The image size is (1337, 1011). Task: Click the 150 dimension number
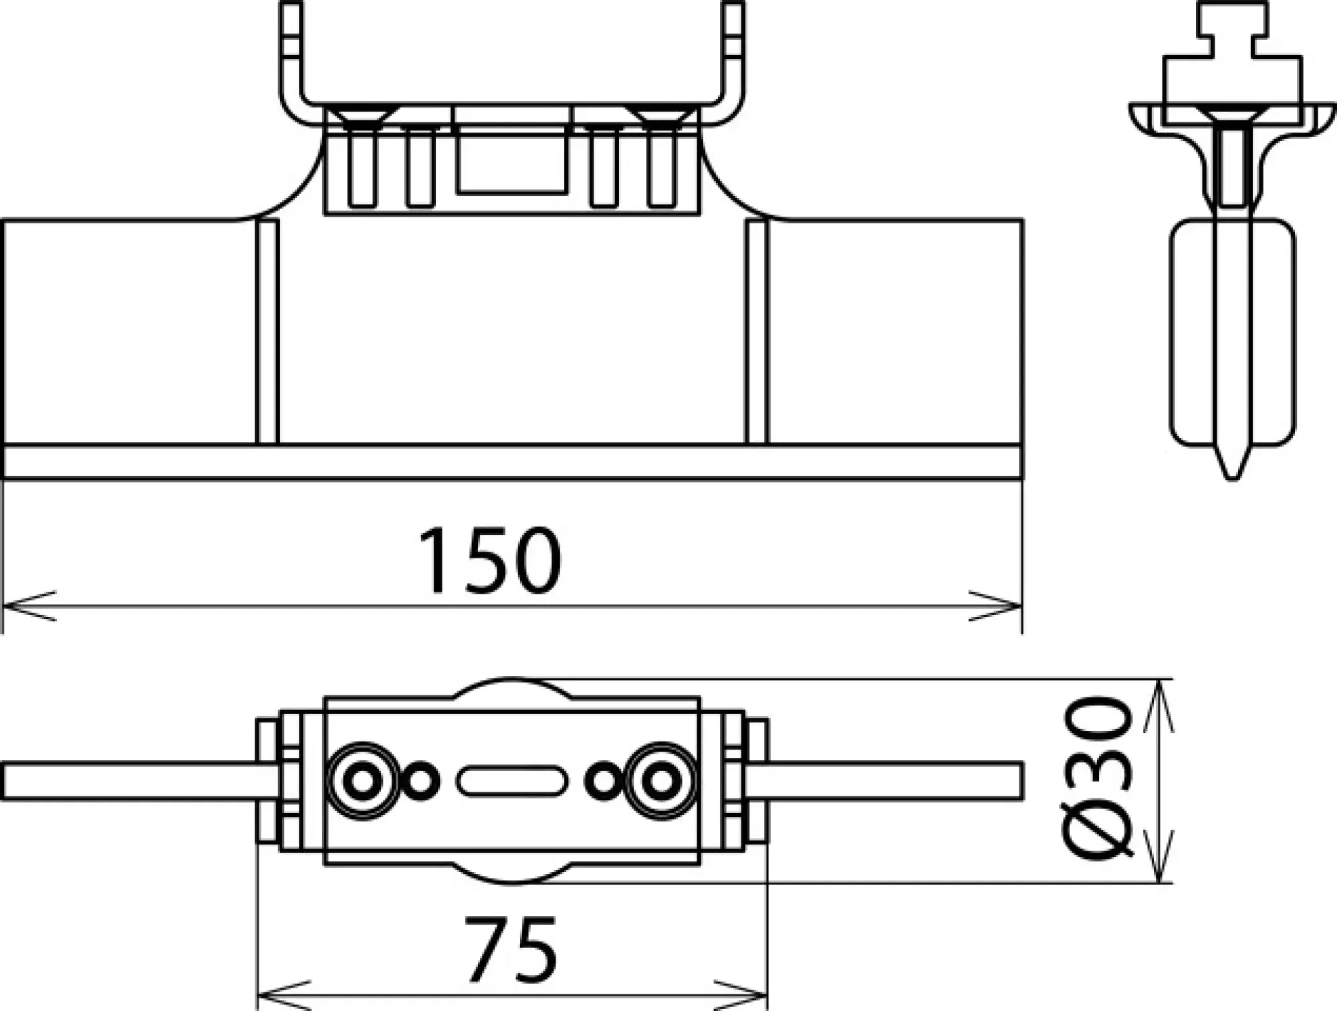pyautogui.click(x=489, y=560)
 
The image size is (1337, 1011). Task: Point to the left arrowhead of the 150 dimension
pyautogui.click(x=27, y=606)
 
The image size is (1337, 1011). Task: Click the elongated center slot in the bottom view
pyautogui.click(x=512, y=781)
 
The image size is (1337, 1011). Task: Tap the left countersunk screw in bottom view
pyautogui.click(x=362, y=780)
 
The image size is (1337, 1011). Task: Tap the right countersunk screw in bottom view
pyautogui.click(x=662, y=780)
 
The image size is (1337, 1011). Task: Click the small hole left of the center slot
pyautogui.click(x=421, y=781)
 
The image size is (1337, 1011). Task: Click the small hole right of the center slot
pyautogui.click(x=603, y=781)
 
